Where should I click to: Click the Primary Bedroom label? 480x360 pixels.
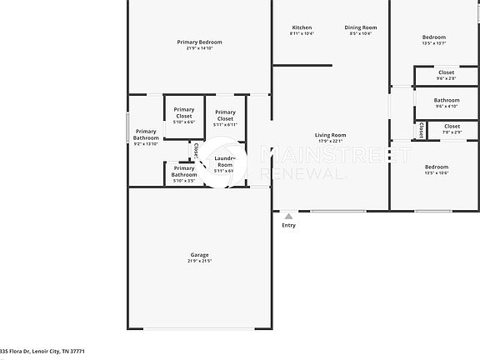point(199,42)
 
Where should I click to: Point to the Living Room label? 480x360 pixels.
point(330,135)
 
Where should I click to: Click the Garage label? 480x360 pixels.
point(199,254)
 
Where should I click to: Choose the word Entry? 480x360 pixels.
point(288,225)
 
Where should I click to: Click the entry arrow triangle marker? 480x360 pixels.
point(288,215)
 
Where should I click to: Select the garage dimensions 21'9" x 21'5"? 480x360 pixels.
point(199,261)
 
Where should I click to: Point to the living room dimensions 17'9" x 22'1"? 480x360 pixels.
point(330,141)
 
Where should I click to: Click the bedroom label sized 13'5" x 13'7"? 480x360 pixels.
point(434,37)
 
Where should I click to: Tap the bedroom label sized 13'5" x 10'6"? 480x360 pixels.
point(436,167)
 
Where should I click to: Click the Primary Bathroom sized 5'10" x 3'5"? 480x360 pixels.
point(184,172)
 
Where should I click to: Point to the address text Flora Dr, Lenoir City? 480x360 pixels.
point(47,352)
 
